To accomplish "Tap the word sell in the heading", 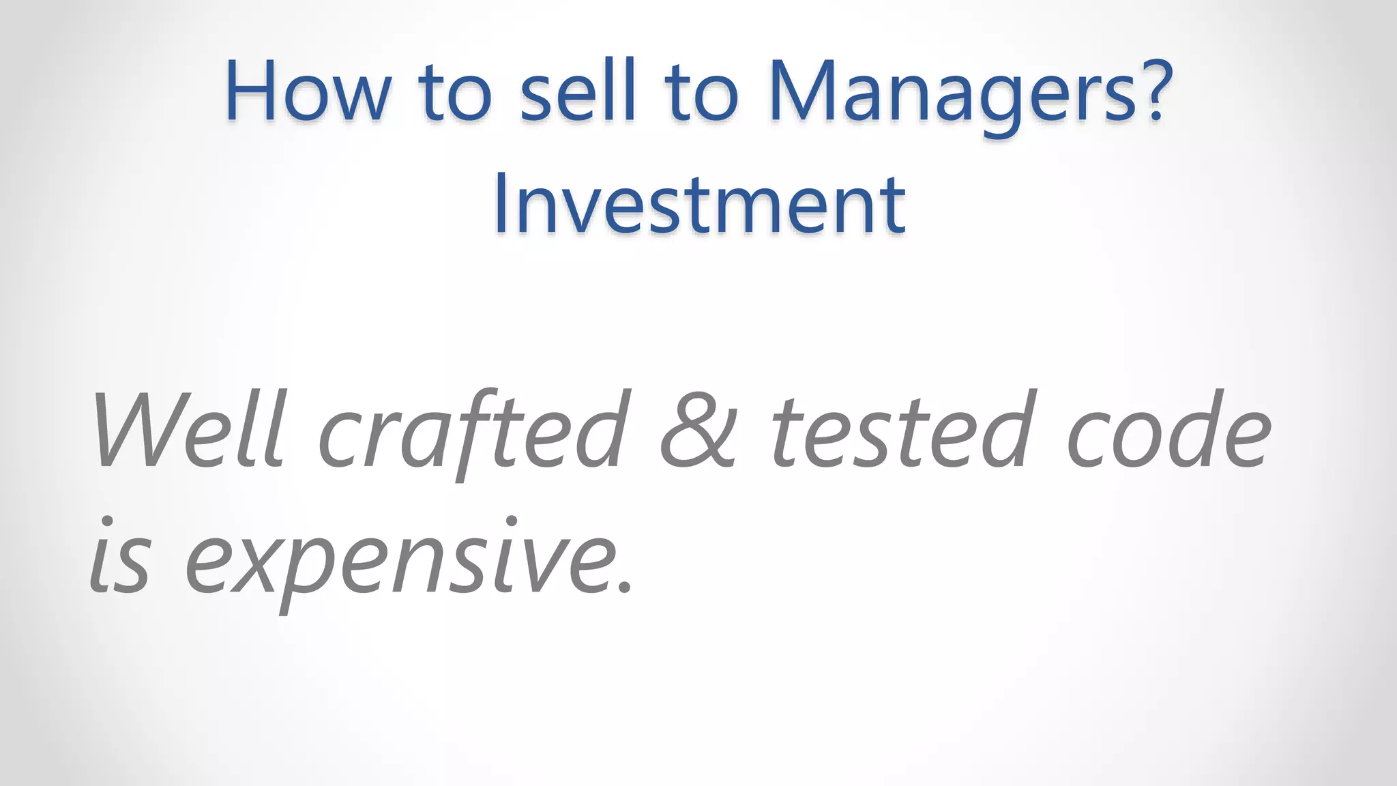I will [x=577, y=92].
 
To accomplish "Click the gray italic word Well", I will [x=188, y=430].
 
